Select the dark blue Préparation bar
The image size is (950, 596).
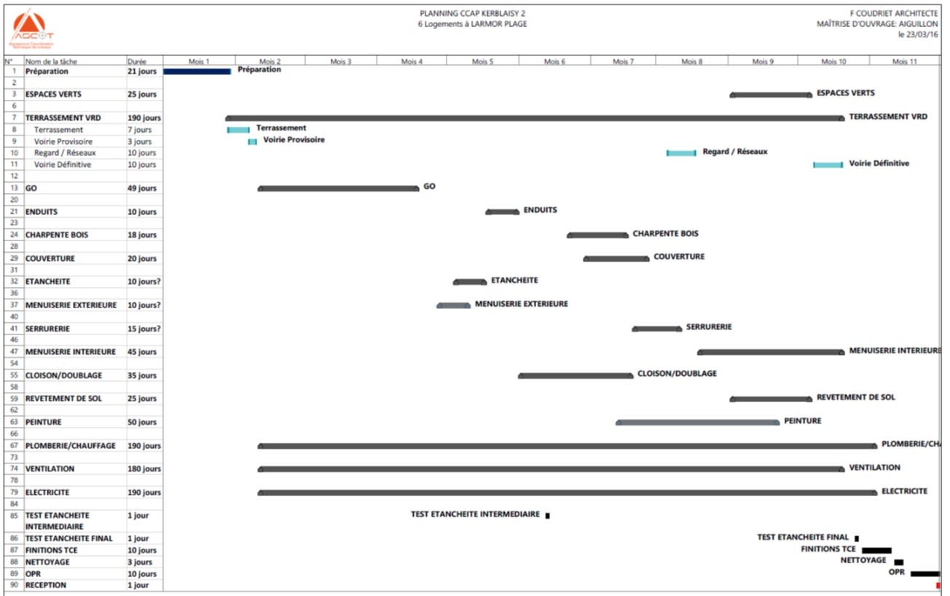click(x=197, y=71)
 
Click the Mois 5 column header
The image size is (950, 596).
click(x=482, y=61)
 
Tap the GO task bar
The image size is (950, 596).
click(x=339, y=189)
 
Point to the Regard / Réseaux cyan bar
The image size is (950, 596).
click(x=681, y=153)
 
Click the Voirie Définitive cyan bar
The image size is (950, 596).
click(x=828, y=165)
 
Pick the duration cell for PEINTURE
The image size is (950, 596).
click(x=141, y=423)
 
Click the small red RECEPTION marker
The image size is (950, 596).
click(x=938, y=585)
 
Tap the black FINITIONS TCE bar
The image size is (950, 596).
click(x=876, y=550)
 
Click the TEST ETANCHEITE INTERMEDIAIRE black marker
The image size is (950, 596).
click(x=547, y=515)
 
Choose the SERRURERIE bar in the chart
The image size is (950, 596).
click(x=656, y=329)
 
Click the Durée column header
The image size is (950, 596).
click(x=137, y=61)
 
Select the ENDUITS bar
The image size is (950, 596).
click(x=502, y=212)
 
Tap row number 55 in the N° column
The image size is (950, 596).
click(x=14, y=376)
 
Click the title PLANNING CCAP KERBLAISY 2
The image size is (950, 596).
click(x=473, y=13)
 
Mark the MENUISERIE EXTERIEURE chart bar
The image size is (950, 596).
click(x=453, y=305)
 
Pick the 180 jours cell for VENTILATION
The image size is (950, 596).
click(x=143, y=469)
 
